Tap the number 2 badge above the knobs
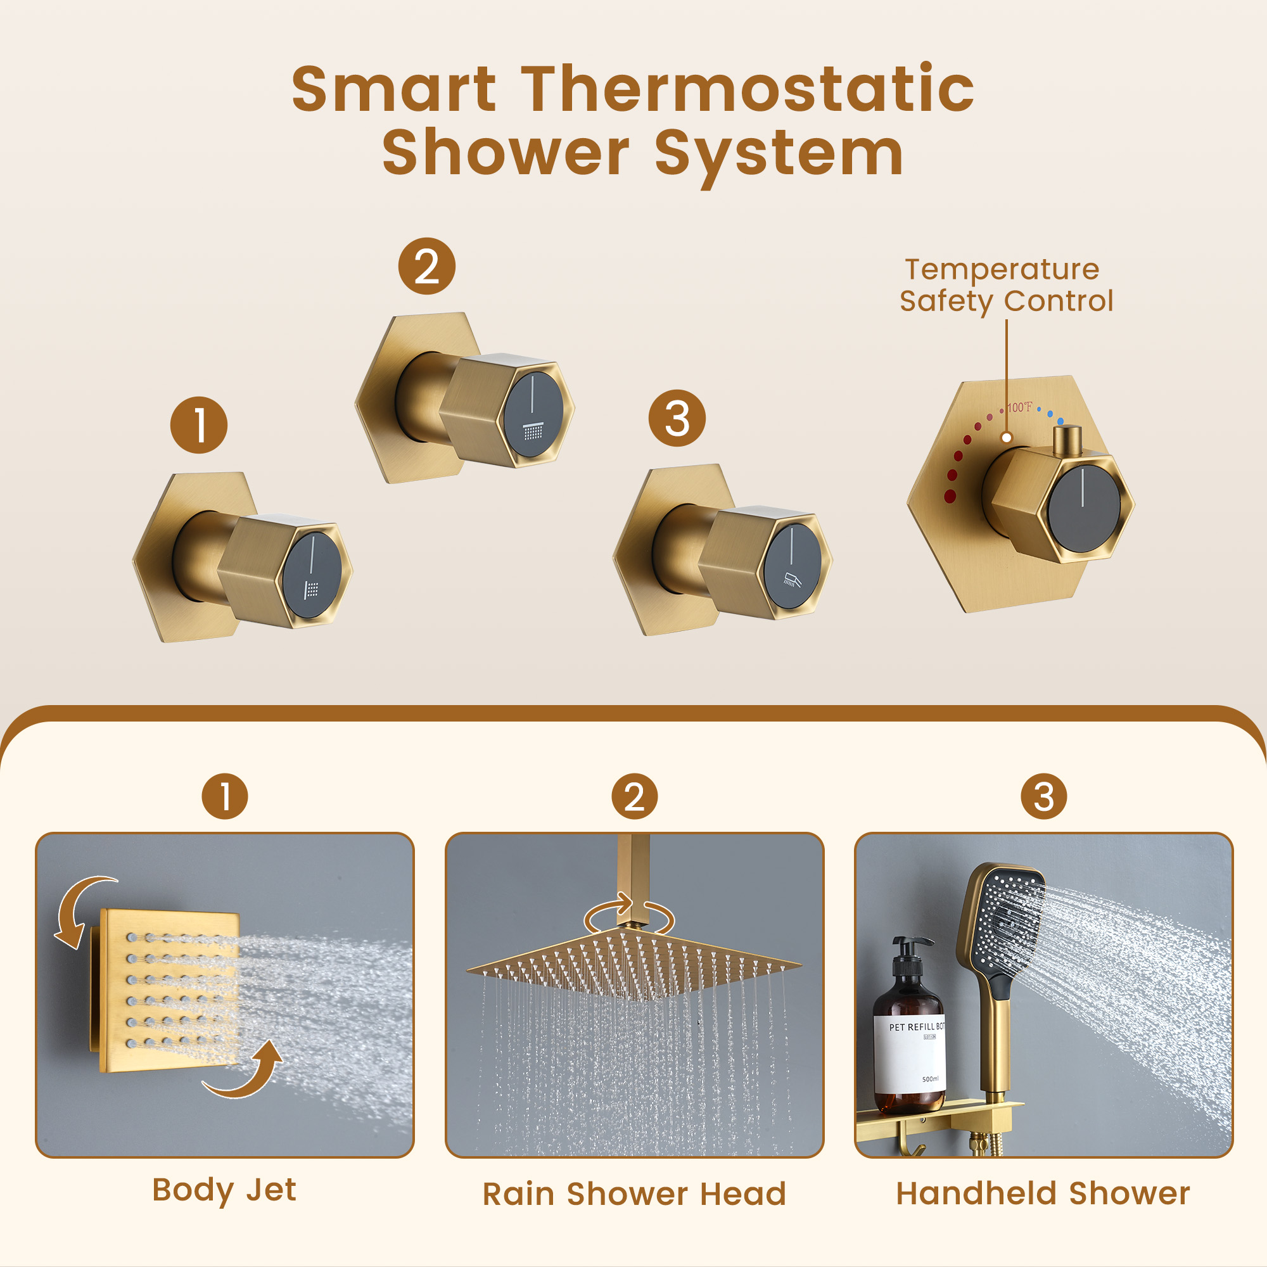point(427,266)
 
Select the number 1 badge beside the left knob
point(199,425)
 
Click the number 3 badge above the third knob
point(677,418)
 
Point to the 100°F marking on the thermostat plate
point(1019,407)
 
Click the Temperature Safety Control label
point(1005,285)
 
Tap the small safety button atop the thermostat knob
point(1067,440)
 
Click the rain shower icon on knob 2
point(533,431)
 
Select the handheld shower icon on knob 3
point(791,580)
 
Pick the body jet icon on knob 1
point(312,590)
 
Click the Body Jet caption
point(224,1190)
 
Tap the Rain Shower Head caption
point(634,1194)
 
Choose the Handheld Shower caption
point(1043,1194)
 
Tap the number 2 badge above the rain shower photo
point(634,797)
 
